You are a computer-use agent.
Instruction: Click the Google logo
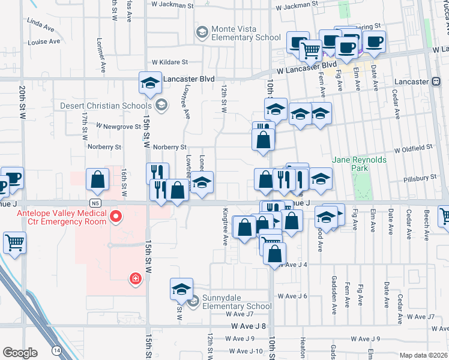(x=20, y=353)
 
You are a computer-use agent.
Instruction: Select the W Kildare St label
(x=170, y=62)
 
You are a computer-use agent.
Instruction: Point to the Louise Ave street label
(x=44, y=42)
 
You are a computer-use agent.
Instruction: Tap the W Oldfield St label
(x=413, y=147)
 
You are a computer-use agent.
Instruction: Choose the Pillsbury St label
(x=420, y=178)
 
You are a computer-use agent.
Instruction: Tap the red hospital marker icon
(x=136, y=278)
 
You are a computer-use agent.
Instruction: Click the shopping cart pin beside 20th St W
(x=14, y=243)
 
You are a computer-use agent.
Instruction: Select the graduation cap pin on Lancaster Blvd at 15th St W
(x=149, y=83)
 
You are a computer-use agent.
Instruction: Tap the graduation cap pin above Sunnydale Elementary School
(x=181, y=289)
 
